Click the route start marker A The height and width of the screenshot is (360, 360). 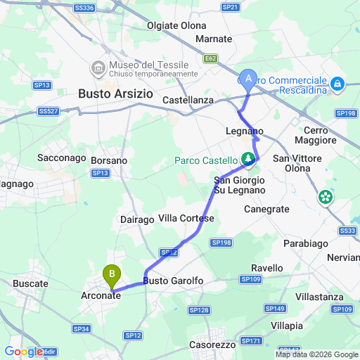pos(247,79)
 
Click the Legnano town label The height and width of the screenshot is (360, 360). pos(245,131)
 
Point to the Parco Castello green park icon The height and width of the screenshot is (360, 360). pos(248,160)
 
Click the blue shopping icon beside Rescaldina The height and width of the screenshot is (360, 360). pos(338,84)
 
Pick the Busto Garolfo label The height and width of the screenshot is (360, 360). pos(173,281)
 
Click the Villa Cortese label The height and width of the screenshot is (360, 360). pos(186,219)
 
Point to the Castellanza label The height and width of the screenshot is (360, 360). pos(188,101)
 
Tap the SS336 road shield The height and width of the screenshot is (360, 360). pos(83,8)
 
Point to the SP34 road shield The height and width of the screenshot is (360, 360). pos(81,328)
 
